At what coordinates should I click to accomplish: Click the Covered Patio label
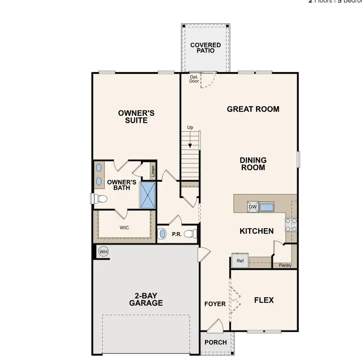[x=205, y=48]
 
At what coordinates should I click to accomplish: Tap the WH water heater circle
[x=104, y=252]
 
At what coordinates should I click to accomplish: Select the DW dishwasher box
[x=253, y=207]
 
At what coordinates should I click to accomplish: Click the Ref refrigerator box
[x=240, y=261]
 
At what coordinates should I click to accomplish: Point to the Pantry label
[x=285, y=265]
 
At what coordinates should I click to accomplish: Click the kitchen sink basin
[x=267, y=207]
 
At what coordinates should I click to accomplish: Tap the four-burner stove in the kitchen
[x=291, y=225]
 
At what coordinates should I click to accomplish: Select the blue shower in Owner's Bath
[x=148, y=195]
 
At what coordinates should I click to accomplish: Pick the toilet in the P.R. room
[x=191, y=234]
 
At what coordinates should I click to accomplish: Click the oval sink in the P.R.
[x=162, y=234]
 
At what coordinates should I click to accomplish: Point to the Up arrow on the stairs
[x=190, y=141]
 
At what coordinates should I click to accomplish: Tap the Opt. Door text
[x=194, y=79]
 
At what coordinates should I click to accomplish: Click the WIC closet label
[x=124, y=227]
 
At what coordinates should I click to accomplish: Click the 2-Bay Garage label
[x=146, y=299]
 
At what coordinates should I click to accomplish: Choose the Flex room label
[x=264, y=300]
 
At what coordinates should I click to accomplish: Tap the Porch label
[x=215, y=342]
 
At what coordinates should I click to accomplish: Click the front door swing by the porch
[x=215, y=325]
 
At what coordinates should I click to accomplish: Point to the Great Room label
[x=253, y=109]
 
